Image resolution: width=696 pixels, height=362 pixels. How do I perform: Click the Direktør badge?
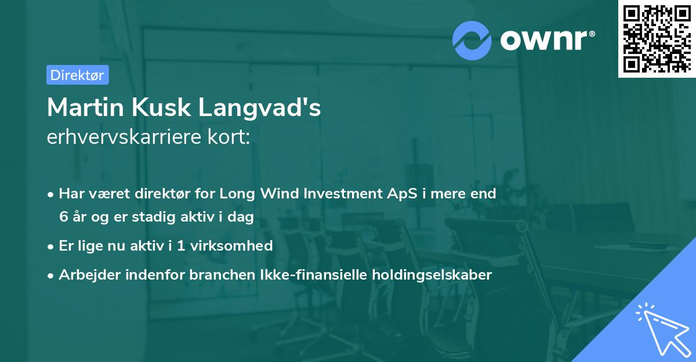tap(77, 75)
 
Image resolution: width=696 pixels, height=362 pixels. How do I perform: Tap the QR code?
tap(656, 38)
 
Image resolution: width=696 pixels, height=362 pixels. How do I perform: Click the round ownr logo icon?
tap(472, 41)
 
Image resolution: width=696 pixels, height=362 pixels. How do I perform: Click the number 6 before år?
tap(63, 216)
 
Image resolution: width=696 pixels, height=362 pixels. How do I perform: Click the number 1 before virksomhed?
tap(181, 245)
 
